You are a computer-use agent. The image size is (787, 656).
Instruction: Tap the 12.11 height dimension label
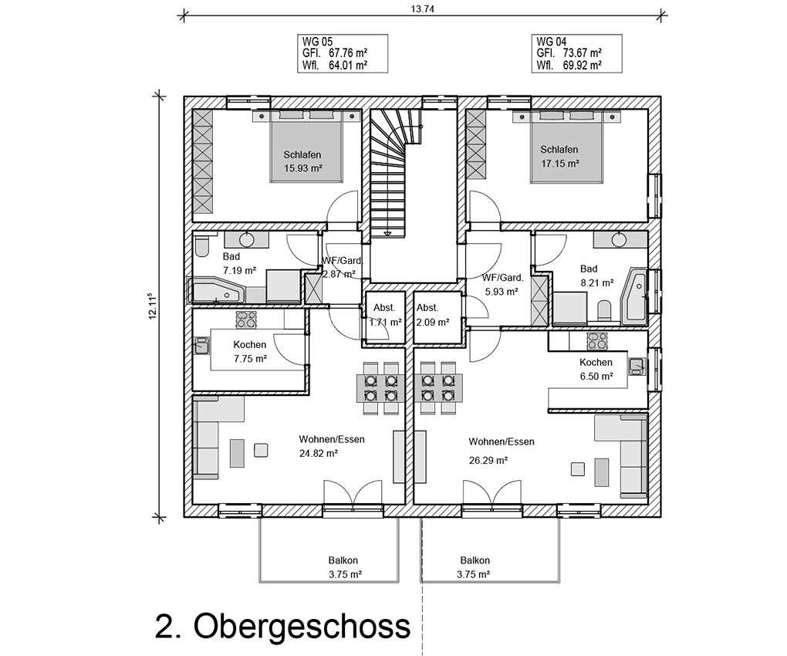click(153, 306)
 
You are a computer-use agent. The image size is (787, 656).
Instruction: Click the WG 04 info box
click(576, 53)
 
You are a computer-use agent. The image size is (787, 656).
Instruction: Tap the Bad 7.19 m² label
click(239, 264)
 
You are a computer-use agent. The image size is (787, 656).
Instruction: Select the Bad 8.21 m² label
click(596, 276)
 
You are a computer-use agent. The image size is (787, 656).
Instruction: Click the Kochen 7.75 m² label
click(250, 352)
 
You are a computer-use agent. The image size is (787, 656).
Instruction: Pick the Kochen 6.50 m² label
click(596, 369)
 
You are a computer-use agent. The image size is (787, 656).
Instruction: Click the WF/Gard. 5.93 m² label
click(502, 284)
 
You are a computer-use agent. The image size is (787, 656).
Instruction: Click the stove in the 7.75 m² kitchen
click(246, 320)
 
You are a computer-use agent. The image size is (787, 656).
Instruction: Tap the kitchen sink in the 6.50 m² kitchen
click(637, 366)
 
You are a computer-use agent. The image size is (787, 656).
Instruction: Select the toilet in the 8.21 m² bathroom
click(604, 310)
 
